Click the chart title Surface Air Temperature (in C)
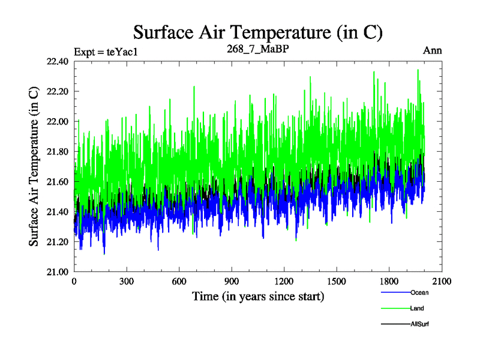[x=257, y=31]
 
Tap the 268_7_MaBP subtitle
[x=257, y=49]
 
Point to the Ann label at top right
[x=432, y=50]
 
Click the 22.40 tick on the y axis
[x=56, y=61]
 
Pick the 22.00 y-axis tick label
[x=56, y=121]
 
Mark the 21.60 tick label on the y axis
[x=56, y=181]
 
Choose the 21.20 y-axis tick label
[x=56, y=241]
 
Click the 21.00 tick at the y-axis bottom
[x=56, y=271]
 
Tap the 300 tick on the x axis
[x=127, y=281]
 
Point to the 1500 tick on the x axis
[x=337, y=281]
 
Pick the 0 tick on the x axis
[x=74, y=281]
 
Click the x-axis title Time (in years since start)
[x=258, y=296]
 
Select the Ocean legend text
[x=420, y=293]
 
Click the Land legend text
[x=418, y=308]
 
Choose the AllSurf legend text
[x=421, y=324]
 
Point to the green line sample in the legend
[x=395, y=309]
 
